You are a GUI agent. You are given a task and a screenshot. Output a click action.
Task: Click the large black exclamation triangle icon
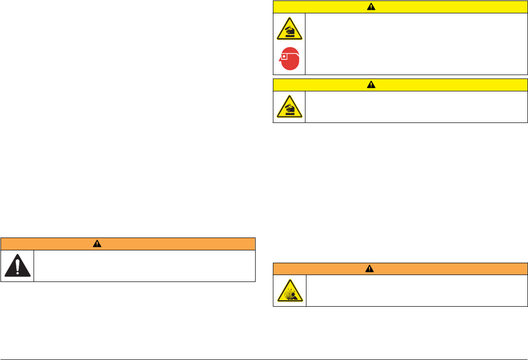17,266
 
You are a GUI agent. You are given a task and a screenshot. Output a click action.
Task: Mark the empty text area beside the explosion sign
416,291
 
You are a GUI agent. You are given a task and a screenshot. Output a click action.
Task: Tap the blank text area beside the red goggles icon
416,44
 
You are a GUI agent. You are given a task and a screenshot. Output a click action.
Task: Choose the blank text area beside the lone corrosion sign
416,107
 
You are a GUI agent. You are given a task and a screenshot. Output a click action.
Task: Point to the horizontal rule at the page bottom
264,359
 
